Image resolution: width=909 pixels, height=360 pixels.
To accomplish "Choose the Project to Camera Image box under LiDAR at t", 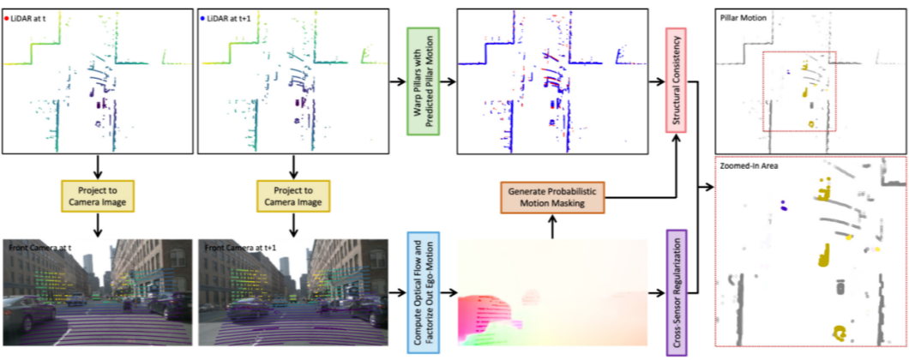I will click(99, 195).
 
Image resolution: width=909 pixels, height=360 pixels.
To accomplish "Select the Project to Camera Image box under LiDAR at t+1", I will click(294, 195).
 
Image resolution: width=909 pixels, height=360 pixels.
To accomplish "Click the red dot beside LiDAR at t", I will click(9, 16).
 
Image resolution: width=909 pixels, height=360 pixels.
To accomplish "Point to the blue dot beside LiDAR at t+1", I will click(204, 16).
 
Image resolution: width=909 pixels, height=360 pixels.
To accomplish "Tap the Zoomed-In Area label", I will click(749, 165).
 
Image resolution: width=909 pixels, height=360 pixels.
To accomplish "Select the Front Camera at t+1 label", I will click(239, 249).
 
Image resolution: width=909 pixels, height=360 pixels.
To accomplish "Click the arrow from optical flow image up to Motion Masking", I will click(552, 227).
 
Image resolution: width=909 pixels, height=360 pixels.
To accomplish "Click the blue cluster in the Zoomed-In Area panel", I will click(783, 206).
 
